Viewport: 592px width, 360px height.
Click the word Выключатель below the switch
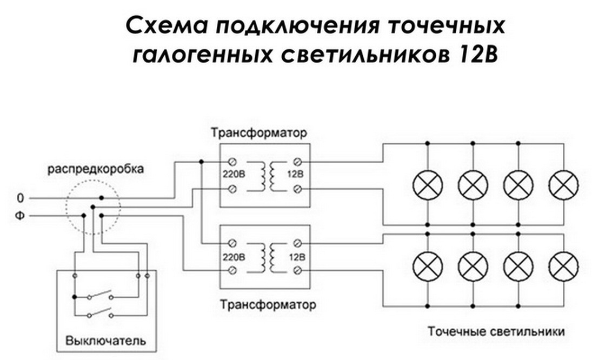point(105,341)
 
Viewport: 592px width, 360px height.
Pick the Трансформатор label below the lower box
point(268,305)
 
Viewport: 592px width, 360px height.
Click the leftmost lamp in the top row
point(428,184)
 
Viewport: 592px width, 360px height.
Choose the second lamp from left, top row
point(473,184)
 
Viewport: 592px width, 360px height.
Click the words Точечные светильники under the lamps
point(496,331)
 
